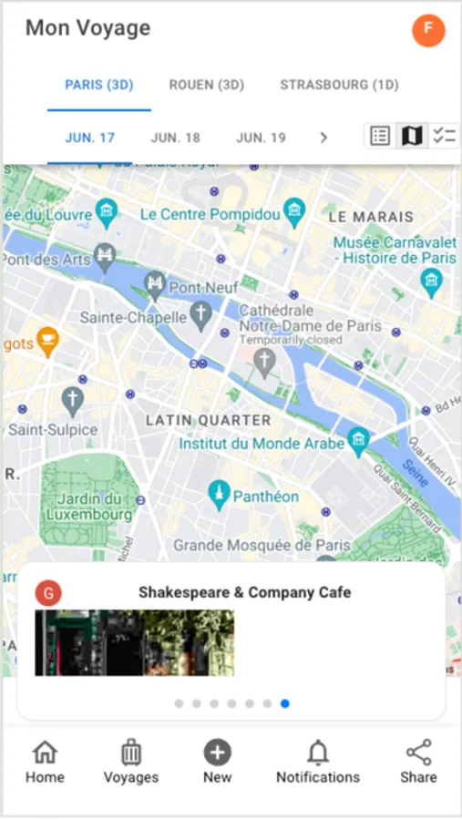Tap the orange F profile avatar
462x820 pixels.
pos(428,30)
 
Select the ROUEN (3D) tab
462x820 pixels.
pos(207,86)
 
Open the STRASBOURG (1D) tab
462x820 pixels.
pos(339,86)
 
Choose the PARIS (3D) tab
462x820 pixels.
pos(99,86)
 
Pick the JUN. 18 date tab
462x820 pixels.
pos(175,138)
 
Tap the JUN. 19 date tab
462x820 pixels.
pos(261,138)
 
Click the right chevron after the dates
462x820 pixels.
pos(323,138)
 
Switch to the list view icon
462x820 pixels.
pos(380,137)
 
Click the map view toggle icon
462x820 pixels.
pos(412,137)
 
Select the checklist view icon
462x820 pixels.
pos(444,137)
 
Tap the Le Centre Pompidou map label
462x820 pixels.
pos(210,214)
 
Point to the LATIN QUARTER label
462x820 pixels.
pos(209,420)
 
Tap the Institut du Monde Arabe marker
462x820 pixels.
pos(359,441)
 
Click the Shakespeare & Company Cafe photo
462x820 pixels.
pos(135,642)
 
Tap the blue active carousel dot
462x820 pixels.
pos(285,703)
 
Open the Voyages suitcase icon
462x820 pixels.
pos(130,753)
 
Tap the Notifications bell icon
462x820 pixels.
pos(318,753)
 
